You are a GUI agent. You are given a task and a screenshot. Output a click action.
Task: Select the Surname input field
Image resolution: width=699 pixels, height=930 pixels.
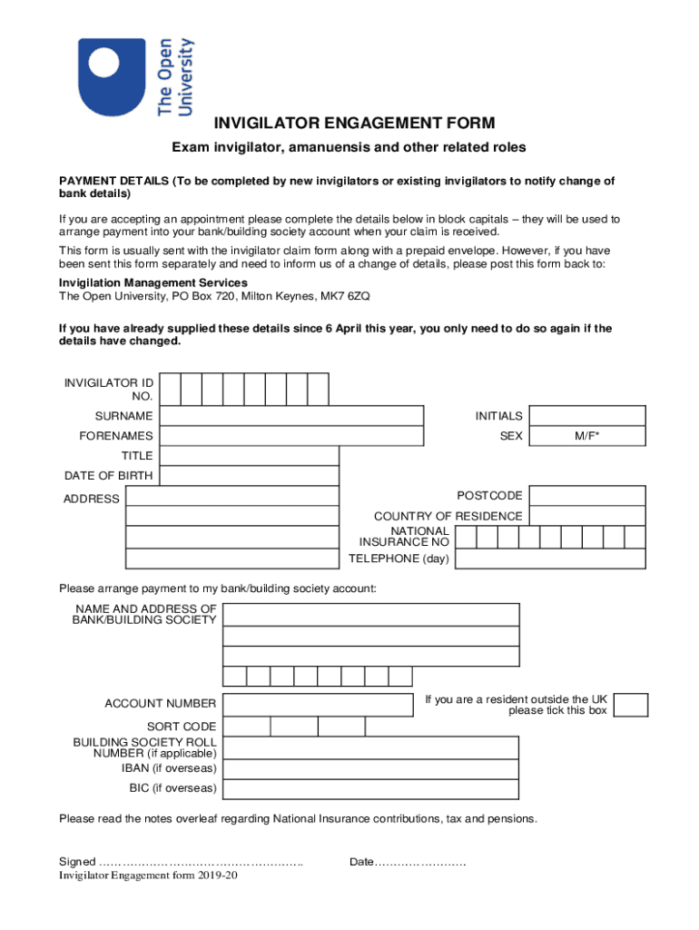click(x=291, y=416)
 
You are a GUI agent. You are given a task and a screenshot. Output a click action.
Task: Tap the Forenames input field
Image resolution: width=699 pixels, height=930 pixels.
click(x=291, y=436)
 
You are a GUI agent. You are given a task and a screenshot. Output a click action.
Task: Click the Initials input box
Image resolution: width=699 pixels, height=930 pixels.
click(x=587, y=416)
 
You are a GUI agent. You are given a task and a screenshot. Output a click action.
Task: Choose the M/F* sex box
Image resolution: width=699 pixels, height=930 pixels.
click(x=587, y=436)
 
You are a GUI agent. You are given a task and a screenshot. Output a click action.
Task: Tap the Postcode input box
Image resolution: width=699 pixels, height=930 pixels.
click(x=587, y=496)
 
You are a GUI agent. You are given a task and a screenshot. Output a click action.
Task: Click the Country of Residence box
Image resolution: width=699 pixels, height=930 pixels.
click(x=587, y=516)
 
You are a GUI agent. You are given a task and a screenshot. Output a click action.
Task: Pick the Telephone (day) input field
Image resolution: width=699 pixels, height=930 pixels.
click(x=550, y=559)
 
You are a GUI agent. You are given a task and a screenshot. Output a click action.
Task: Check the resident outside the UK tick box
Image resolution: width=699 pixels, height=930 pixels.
click(x=631, y=705)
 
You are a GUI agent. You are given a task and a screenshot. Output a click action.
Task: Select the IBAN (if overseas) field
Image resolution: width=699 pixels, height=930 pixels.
click(x=371, y=768)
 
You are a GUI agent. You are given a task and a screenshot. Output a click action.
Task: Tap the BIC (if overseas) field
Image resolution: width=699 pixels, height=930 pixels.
click(x=371, y=788)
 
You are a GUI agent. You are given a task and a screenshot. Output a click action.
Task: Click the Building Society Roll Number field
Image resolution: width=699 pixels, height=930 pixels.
click(x=371, y=747)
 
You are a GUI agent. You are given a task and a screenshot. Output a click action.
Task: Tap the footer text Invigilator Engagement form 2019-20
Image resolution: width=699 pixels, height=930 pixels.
click(x=149, y=876)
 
